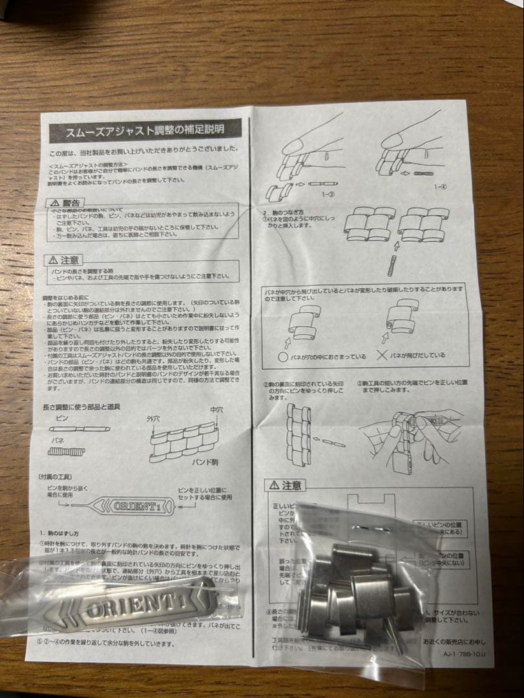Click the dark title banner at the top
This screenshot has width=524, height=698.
(x=145, y=129)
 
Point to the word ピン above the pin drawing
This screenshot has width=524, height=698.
(x=63, y=419)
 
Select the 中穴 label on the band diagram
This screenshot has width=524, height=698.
(x=216, y=410)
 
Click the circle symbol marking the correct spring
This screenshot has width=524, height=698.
(x=283, y=356)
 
